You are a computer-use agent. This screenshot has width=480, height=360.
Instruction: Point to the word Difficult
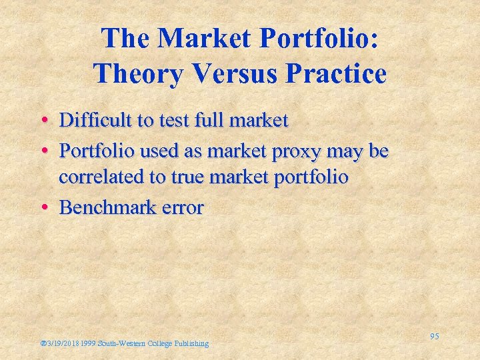point(97,121)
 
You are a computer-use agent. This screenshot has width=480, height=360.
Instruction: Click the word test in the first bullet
point(173,121)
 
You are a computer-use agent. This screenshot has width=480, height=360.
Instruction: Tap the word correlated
point(101,178)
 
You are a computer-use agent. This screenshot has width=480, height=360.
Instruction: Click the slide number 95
point(434,337)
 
